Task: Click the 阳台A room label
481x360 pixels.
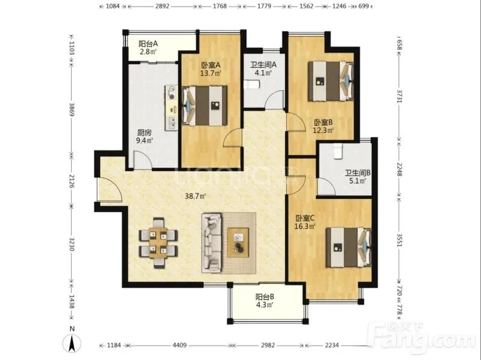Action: [148, 44]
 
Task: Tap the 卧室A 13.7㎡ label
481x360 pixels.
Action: [211, 69]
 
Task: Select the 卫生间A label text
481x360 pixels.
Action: [263, 65]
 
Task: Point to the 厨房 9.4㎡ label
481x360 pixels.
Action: [144, 137]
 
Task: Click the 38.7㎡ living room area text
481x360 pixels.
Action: [195, 196]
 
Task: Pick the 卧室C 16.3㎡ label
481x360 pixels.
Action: [305, 222]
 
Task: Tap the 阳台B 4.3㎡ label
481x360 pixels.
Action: [265, 301]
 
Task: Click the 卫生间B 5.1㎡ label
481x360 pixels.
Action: [357, 177]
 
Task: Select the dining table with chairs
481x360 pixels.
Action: [158, 243]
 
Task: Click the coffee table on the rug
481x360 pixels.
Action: [237, 243]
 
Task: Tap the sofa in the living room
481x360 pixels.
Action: [212, 243]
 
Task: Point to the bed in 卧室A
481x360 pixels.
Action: [204, 106]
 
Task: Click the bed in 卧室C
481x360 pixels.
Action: [349, 247]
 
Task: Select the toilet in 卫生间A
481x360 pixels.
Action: [252, 84]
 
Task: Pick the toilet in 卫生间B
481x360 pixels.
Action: [337, 151]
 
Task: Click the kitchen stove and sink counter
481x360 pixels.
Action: [171, 108]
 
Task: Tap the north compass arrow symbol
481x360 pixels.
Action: [72, 343]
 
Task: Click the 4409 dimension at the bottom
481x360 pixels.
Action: [179, 346]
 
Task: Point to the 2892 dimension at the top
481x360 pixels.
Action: [162, 6]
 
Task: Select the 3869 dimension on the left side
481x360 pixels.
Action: [72, 109]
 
